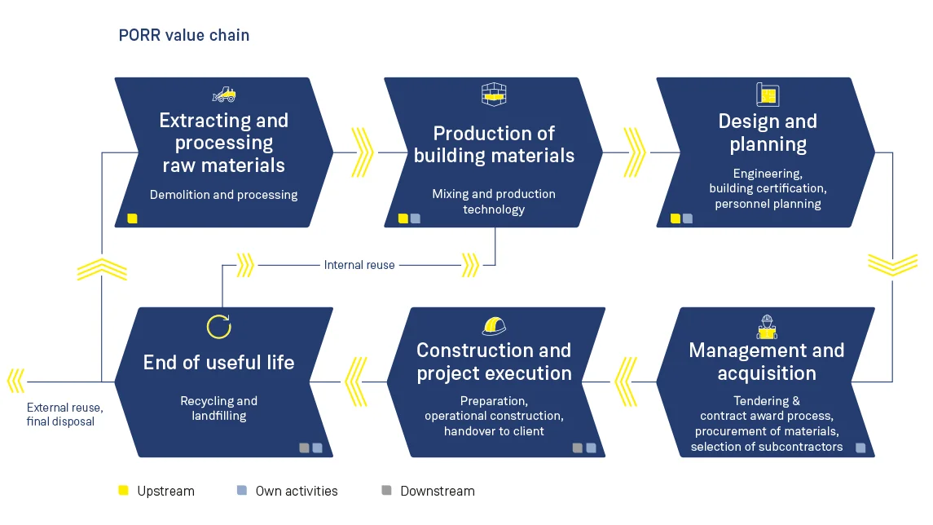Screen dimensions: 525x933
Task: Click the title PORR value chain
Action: click(x=184, y=35)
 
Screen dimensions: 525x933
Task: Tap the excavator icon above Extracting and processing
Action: click(x=224, y=95)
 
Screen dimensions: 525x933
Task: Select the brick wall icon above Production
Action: click(x=494, y=95)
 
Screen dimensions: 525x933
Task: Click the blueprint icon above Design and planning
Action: click(x=767, y=95)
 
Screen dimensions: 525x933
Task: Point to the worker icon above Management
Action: click(x=766, y=326)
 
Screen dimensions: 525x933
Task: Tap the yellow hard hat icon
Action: click(x=494, y=326)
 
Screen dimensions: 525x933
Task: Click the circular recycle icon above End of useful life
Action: click(x=218, y=326)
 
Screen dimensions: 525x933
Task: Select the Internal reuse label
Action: click(x=359, y=265)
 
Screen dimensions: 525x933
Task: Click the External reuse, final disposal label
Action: click(x=64, y=414)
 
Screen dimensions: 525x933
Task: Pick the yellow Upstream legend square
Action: click(x=123, y=490)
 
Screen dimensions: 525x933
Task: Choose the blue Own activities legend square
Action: click(x=241, y=490)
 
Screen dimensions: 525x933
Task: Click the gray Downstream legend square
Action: click(x=386, y=490)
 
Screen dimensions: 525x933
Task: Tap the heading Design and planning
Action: click(x=768, y=133)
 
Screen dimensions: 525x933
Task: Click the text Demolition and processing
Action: click(x=224, y=195)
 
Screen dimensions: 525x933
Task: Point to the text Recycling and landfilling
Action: click(x=218, y=408)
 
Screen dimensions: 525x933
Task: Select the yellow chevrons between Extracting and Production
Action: click(x=362, y=152)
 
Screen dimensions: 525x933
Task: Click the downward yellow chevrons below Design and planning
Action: click(x=892, y=264)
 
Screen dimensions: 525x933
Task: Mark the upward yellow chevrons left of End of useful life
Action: click(x=102, y=269)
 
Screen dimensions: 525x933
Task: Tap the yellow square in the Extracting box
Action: click(x=133, y=218)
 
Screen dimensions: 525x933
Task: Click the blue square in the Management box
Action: click(x=860, y=448)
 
